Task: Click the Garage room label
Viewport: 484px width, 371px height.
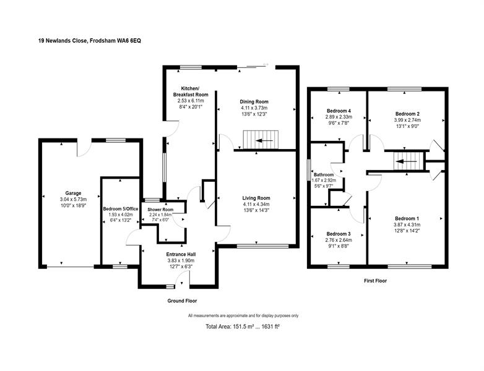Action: click(73, 194)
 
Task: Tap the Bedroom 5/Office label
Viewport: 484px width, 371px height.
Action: click(121, 209)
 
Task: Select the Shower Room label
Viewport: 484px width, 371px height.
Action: click(160, 210)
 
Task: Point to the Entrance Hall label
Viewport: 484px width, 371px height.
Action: click(181, 254)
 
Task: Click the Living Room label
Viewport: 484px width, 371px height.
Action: click(256, 198)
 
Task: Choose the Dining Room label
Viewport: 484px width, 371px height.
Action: click(254, 101)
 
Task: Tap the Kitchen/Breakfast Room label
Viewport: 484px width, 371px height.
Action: click(191, 92)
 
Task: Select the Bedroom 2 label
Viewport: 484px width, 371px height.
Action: click(407, 114)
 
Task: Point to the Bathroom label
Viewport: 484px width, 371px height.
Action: click(324, 174)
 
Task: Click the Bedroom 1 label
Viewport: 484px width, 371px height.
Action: click(407, 219)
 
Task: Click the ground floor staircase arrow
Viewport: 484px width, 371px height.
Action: click(264, 141)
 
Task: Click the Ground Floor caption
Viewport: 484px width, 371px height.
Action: click(182, 301)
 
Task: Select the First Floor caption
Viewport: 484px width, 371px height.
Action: click(375, 281)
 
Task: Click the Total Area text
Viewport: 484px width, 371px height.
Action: click(243, 326)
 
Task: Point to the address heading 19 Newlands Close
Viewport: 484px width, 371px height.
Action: click(90, 40)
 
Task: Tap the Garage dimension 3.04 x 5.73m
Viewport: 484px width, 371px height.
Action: click(74, 199)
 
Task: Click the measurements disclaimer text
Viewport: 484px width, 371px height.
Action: click(243, 315)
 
